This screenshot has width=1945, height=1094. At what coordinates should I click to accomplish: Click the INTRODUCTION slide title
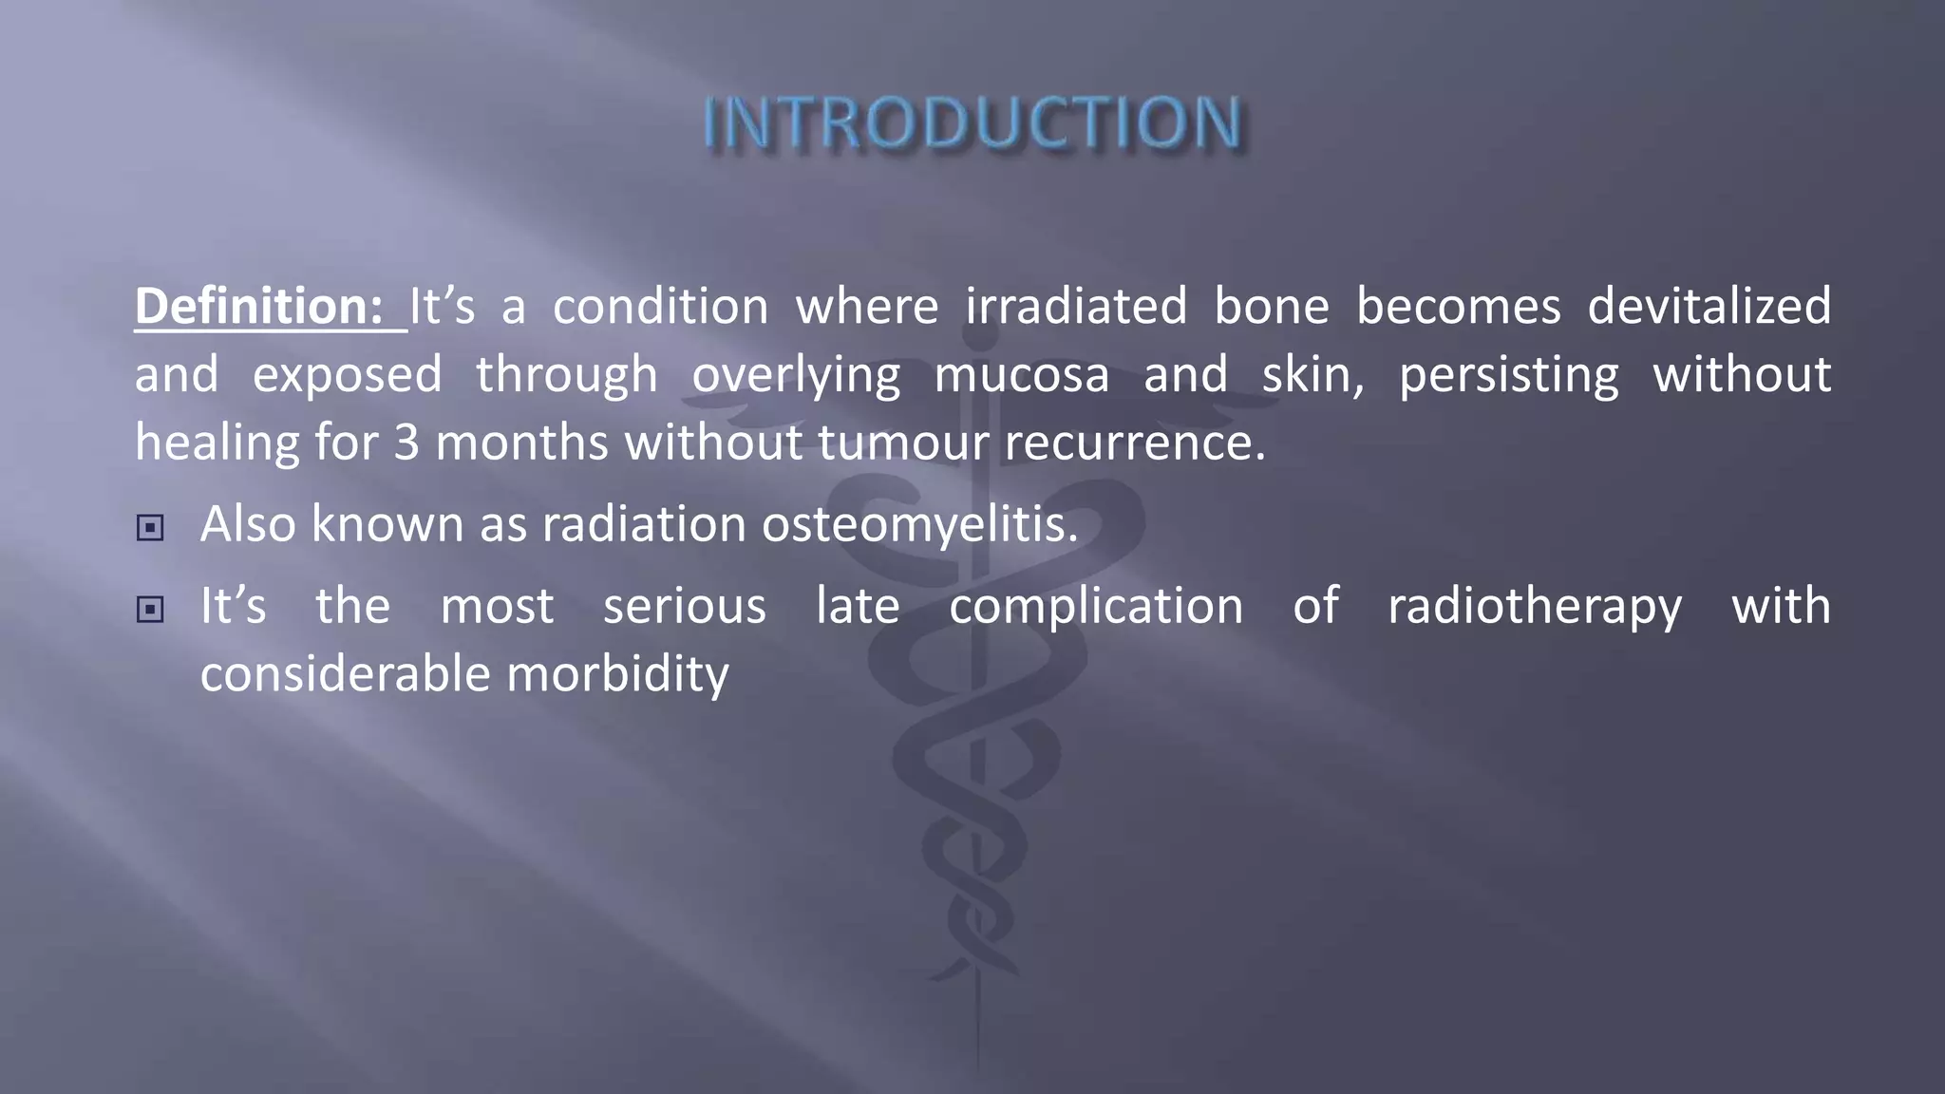pyautogui.click(x=972, y=123)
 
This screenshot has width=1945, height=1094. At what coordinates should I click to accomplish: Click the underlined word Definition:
pyautogui.click(x=258, y=307)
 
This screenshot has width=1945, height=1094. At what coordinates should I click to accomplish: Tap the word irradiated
pyautogui.click(x=1076, y=307)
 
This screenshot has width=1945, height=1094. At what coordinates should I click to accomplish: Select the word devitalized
pyautogui.click(x=1709, y=307)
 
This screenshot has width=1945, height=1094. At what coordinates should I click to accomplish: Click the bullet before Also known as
pyautogui.click(x=150, y=528)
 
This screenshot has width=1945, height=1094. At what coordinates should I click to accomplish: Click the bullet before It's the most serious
pyautogui.click(x=150, y=610)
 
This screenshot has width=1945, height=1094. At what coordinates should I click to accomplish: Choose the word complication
pyautogui.click(x=1096, y=607)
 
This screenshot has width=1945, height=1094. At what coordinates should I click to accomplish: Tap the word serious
pyautogui.click(x=685, y=607)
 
